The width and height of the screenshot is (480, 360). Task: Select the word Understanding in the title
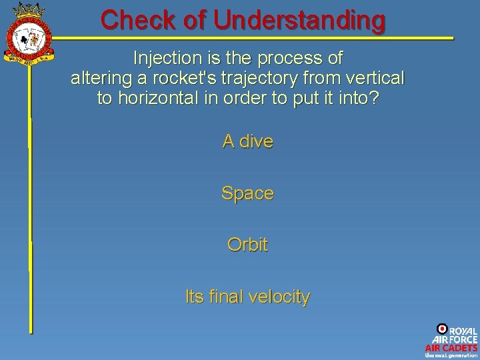pos(299,20)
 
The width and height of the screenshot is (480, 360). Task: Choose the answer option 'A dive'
pos(247,141)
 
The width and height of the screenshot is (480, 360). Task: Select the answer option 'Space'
pos(247,193)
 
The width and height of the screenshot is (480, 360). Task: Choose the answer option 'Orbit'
pos(247,245)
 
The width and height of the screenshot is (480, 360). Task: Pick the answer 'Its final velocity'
pos(247,297)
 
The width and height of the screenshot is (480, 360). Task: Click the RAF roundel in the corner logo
pos(441,329)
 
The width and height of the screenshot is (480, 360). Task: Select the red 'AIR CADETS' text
pos(451,347)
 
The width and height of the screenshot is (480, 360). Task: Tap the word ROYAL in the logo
pos(463,331)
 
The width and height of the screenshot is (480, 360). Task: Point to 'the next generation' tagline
pos(451,355)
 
